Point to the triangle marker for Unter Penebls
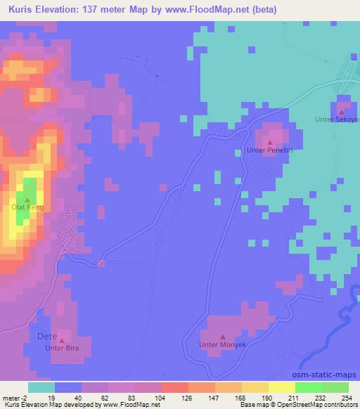[269, 143]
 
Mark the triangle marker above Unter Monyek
[223, 338]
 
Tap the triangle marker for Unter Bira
[61, 340]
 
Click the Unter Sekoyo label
[337, 120]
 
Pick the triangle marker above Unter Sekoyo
[341, 111]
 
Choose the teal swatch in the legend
[41, 387]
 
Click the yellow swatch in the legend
[281, 387]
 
